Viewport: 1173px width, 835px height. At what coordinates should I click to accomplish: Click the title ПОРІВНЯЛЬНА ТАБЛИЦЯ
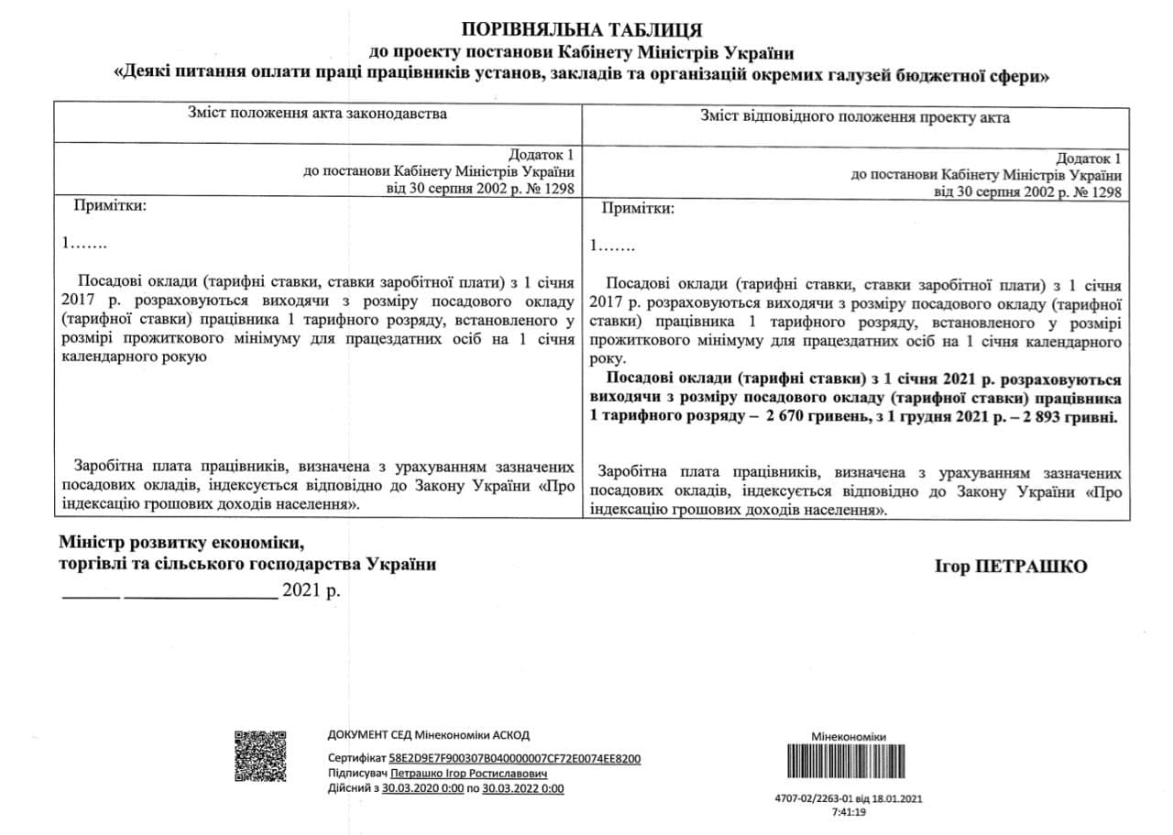coord(582,30)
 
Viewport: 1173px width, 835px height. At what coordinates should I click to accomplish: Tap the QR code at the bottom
coord(260,755)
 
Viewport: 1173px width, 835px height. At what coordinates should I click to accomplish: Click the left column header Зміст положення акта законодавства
coord(318,115)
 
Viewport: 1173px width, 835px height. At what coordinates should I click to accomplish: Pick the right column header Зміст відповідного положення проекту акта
coord(855,116)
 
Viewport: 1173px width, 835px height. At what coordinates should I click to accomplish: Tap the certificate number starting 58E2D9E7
coord(514,759)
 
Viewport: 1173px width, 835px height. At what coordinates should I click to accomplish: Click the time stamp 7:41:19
coord(848,812)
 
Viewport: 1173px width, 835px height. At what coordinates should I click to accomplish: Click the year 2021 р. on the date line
coord(311,589)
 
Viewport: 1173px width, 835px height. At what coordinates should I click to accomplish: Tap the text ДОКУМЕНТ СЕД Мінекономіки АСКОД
coord(428,735)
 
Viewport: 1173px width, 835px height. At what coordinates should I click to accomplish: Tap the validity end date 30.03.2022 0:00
coord(523,788)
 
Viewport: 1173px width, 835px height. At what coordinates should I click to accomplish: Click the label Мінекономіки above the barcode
coord(849,737)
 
